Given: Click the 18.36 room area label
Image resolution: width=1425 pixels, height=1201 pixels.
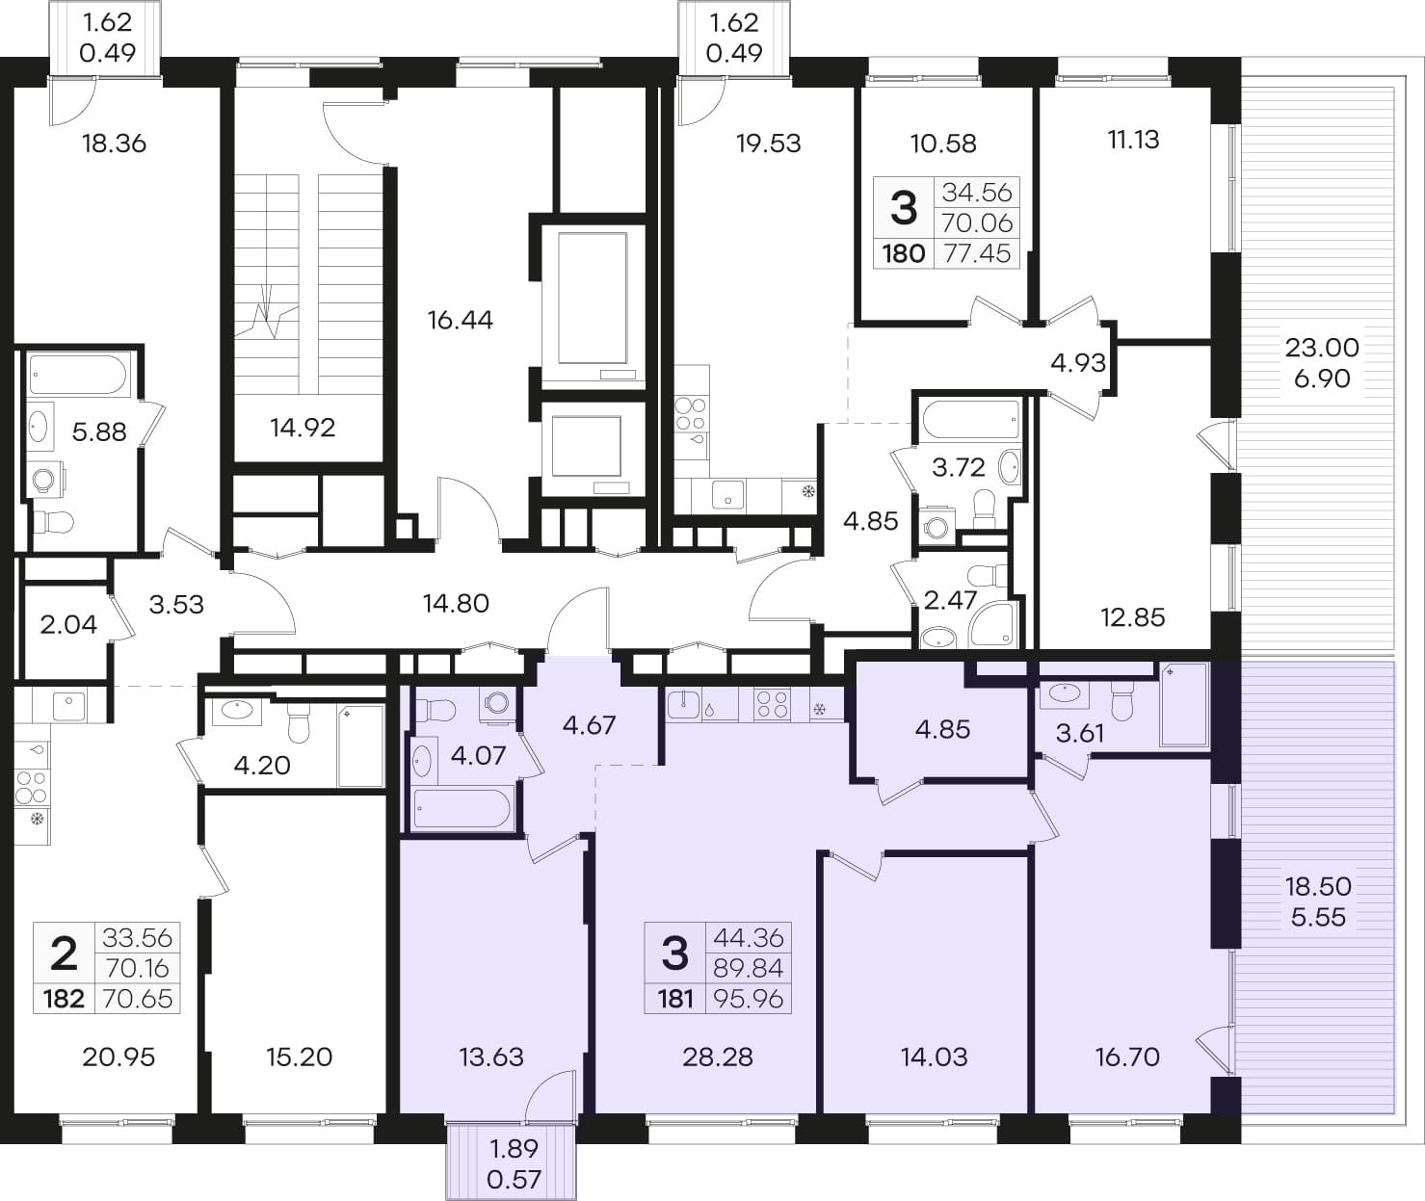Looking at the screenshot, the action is (114, 144).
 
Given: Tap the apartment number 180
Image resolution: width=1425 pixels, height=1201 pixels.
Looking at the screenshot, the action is (904, 254).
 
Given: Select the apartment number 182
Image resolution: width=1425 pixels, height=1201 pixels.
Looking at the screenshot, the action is (64, 999).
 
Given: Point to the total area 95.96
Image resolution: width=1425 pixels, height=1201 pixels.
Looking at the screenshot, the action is (748, 999).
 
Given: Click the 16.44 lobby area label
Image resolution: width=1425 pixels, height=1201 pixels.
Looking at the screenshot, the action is (460, 320).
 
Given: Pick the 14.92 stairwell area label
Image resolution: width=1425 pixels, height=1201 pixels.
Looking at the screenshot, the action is (303, 428).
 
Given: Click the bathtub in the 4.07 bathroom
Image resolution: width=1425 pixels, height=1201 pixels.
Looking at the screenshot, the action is (462, 809).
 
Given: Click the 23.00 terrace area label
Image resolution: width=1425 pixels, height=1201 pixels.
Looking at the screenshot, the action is (1322, 348).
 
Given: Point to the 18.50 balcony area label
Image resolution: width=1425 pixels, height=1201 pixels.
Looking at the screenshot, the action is (1318, 886).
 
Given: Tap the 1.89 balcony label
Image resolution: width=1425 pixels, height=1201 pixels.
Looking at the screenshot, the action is (514, 1148).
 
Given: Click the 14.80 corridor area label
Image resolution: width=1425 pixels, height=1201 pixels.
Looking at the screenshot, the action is (456, 603).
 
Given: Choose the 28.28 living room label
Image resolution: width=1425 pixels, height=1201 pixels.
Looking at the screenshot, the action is (717, 1057).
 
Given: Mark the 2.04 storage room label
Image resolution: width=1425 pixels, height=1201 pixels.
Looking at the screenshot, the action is (68, 624).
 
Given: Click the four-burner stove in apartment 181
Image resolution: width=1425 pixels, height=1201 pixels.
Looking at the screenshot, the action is (772, 703).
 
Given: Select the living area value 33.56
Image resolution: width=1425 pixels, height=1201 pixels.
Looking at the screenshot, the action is (137, 938).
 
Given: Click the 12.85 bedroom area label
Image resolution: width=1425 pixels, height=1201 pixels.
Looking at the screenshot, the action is (1132, 617).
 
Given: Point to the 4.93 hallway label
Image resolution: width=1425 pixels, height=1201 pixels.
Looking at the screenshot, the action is (1077, 363).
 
